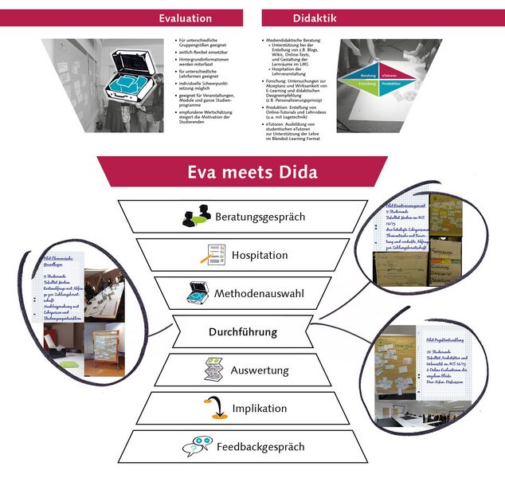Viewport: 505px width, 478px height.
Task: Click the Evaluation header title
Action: tap(185, 18)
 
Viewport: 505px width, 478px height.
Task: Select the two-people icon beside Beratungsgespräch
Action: tap(196, 217)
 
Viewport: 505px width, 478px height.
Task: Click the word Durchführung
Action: tap(242, 331)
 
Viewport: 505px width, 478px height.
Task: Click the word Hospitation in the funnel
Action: tap(260, 255)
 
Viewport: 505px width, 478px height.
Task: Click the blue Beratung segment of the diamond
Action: tap(368, 76)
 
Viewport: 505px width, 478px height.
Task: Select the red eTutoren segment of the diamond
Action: tap(390, 76)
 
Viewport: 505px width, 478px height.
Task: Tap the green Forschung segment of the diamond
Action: tap(368, 84)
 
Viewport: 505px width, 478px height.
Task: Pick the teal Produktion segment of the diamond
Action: tap(391, 84)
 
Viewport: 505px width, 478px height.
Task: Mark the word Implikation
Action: tap(259, 409)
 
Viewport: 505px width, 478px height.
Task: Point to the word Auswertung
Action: tap(260, 370)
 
